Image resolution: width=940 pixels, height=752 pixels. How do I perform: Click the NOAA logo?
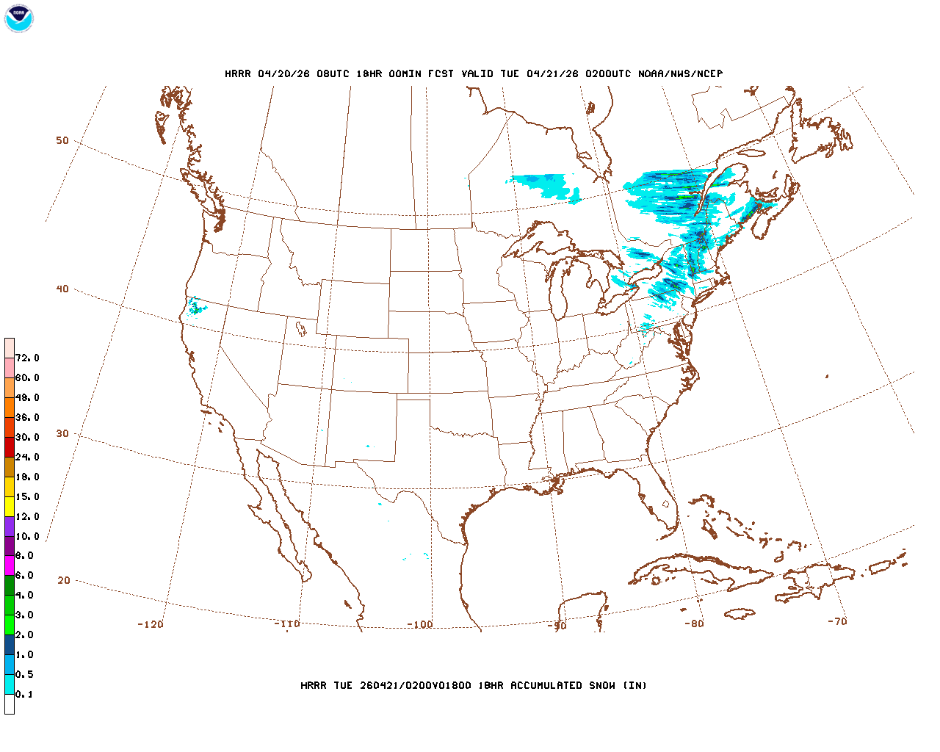[x=19, y=18]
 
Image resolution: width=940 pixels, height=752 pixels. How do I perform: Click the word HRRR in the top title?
[x=238, y=73]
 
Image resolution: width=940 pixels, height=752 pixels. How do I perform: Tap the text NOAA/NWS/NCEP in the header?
[x=681, y=73]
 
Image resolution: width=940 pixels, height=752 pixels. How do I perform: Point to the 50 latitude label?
[x=62, y=140]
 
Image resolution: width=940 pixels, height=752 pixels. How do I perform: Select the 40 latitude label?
[x=62, y=289]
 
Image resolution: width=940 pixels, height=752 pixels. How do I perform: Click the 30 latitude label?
[x=62, y=433]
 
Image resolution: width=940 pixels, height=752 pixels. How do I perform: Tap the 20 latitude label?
[x=64, y=580]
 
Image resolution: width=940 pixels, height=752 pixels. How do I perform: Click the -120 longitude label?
[x=151, y=624]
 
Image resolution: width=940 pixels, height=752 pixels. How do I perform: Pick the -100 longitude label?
[x=420, y=624]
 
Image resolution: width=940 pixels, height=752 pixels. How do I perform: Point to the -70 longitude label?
[x=837, y=621]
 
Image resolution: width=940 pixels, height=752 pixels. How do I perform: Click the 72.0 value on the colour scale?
[x=27, y=358]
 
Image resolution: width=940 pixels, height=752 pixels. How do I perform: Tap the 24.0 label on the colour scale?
[x=27, y=458]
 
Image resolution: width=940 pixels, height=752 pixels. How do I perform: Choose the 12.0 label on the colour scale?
[x=27, y=517]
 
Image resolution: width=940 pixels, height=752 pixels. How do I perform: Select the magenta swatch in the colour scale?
[x=10, y=565]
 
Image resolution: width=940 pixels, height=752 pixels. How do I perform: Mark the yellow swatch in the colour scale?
[x=10, y=506]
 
